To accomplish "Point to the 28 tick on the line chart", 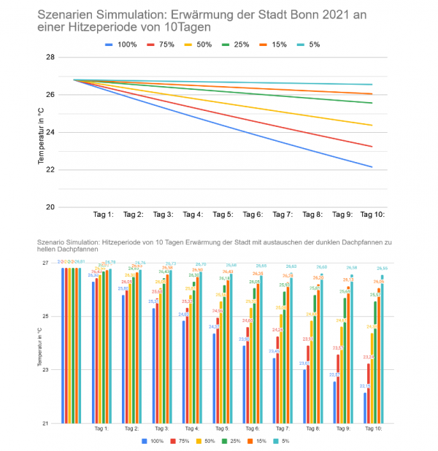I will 50,57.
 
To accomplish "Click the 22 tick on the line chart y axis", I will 50,169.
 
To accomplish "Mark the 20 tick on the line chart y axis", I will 50,207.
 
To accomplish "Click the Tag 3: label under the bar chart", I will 163,429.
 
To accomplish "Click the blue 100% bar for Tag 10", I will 365,408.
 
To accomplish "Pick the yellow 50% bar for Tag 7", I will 282,369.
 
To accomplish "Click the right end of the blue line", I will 372,167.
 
